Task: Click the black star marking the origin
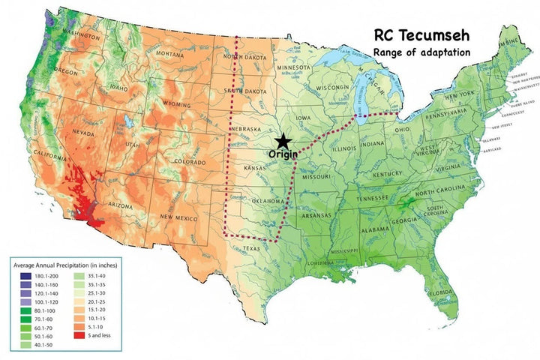[283, 140]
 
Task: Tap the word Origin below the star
[283, 154]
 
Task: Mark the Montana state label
[170, 53]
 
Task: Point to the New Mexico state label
[178, 217]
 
